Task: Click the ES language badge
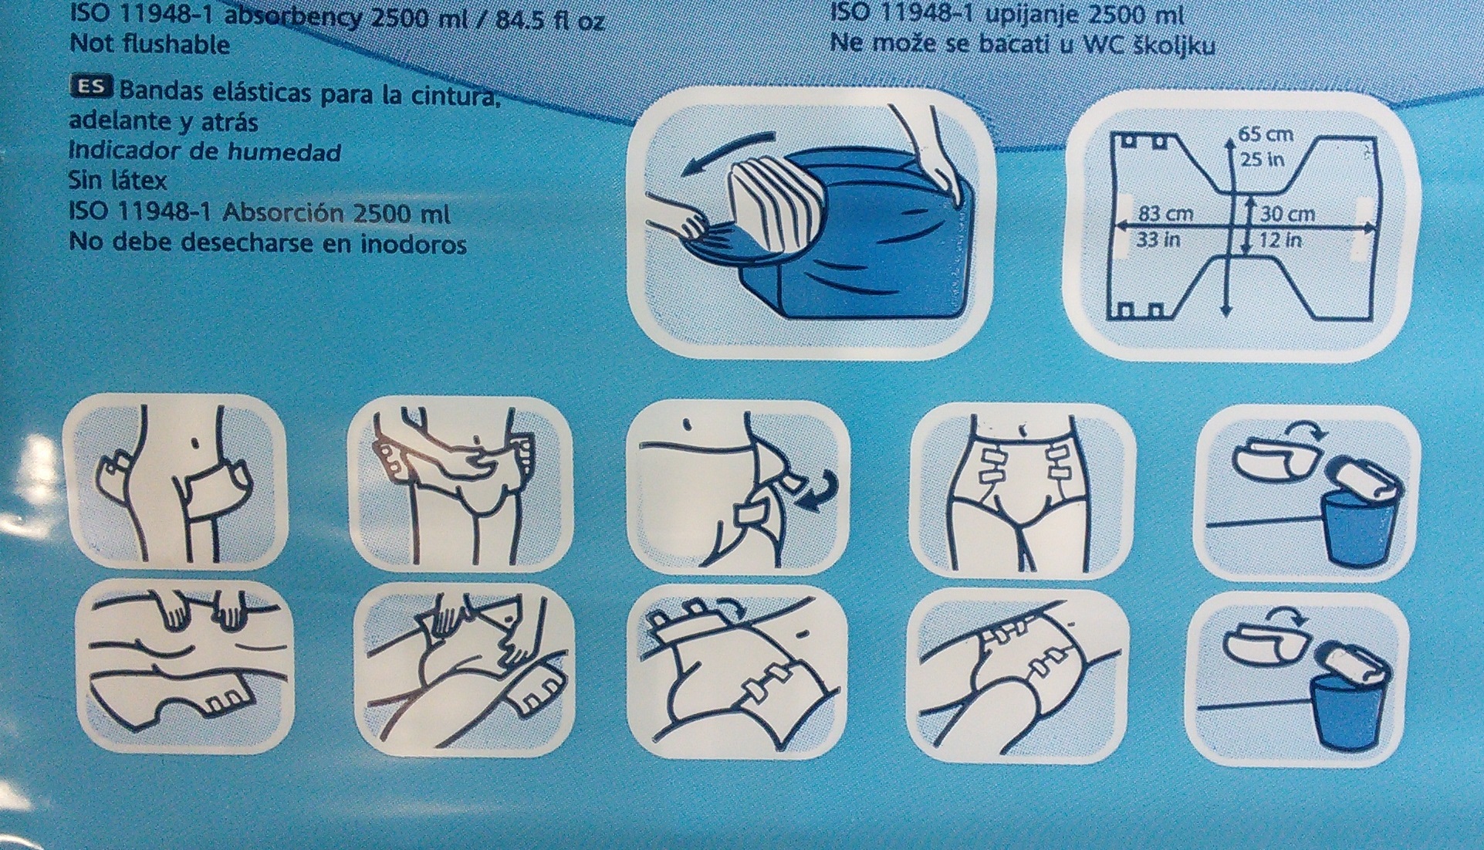click(91, 86)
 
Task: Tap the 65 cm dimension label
click(1266, 134)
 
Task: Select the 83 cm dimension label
click(1166, 213)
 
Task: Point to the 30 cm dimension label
click(1287, 214)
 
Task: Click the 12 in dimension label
click(1281, 240)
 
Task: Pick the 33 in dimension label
click(1159, 240)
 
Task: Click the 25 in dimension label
click(1262, 160)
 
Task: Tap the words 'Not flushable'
click(150, 44)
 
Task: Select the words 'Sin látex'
click(118, 181)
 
